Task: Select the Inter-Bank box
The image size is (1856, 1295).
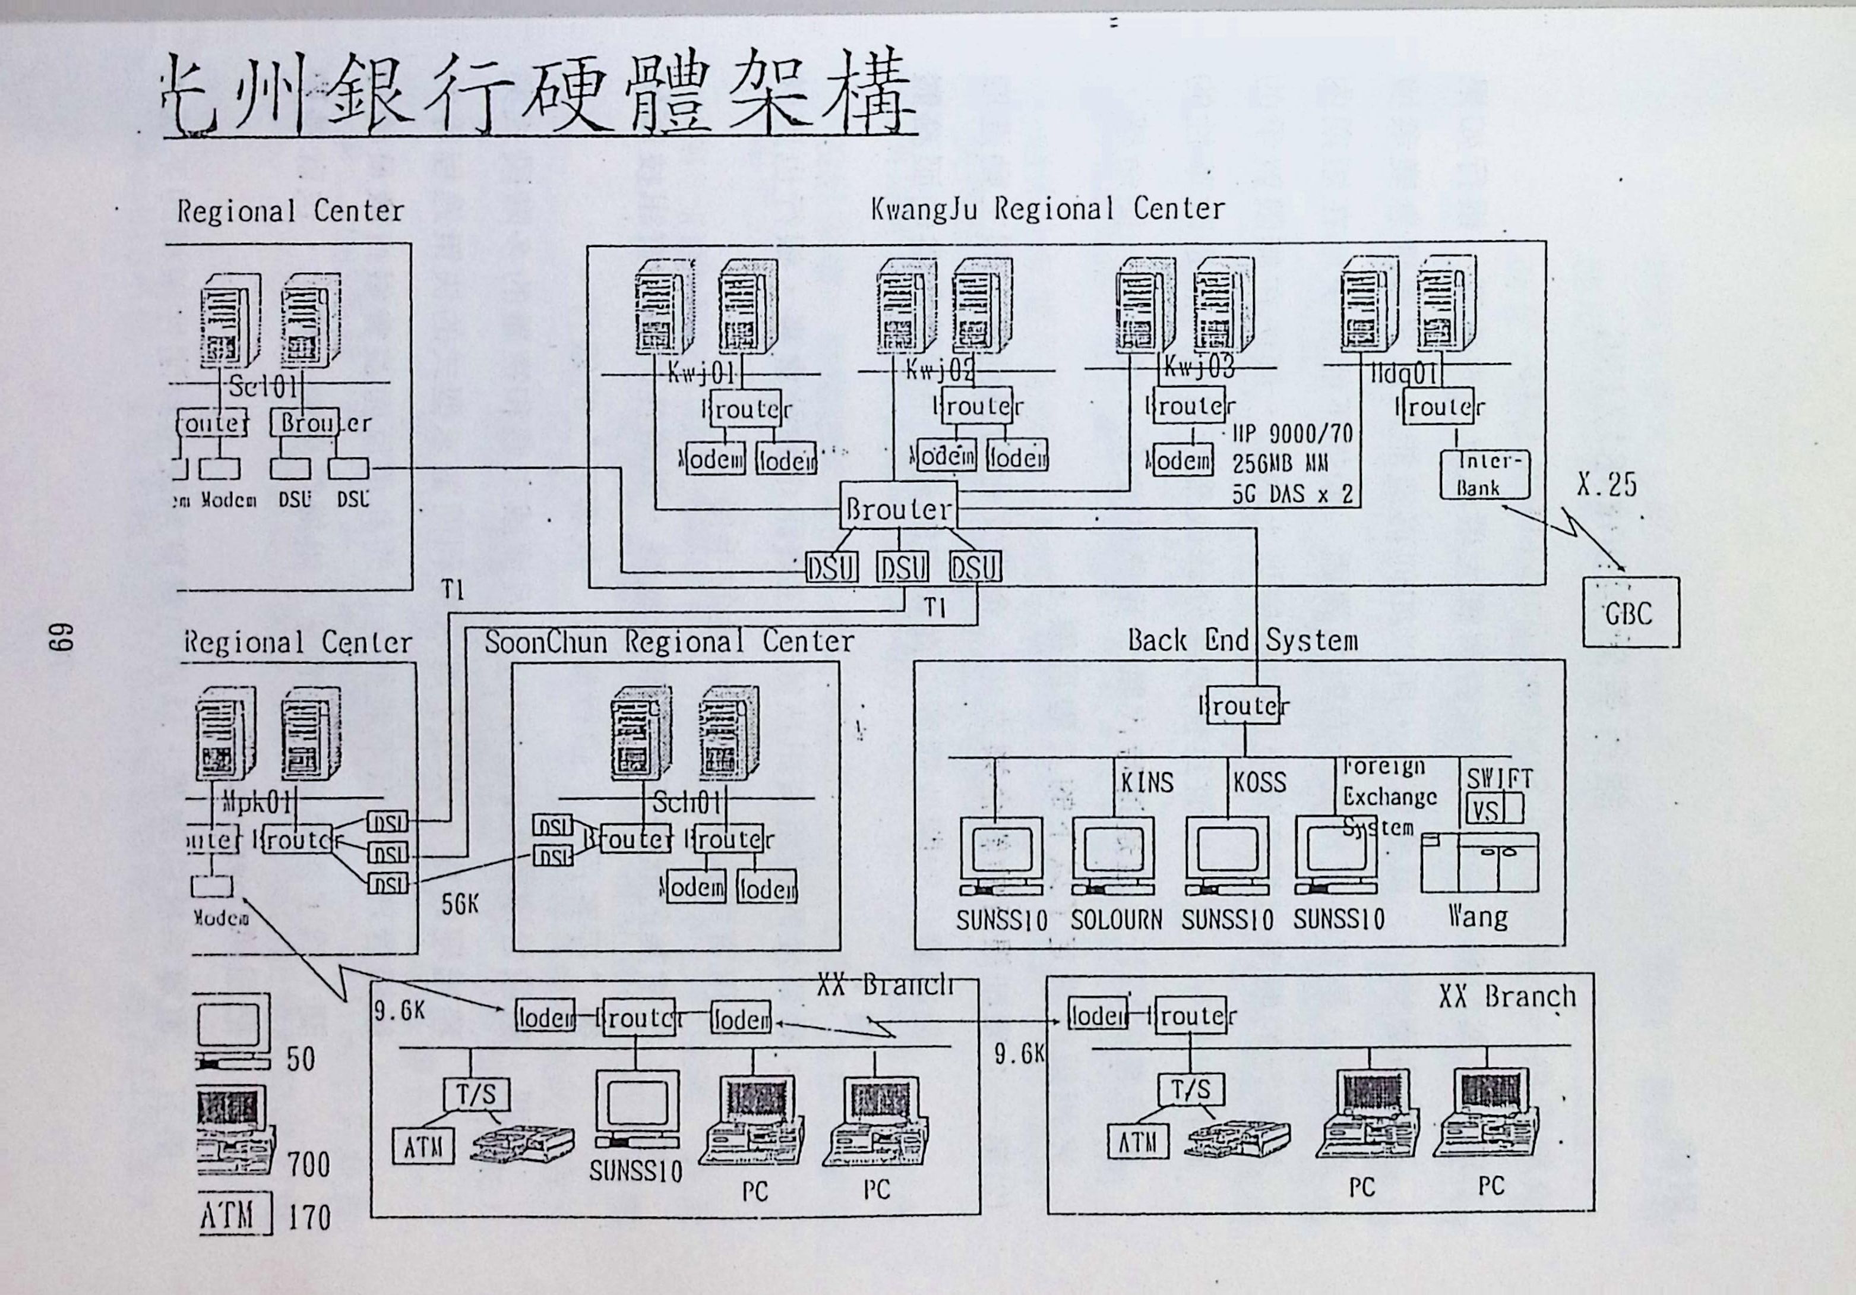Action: tap(1485, 475)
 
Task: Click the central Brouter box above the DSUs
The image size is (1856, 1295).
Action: tap(898, 508)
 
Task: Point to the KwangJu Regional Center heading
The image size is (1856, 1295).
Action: tap(1047, 209)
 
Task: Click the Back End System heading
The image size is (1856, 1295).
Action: tap(1242, 640)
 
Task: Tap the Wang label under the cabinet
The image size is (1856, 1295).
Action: tap(1478, 917)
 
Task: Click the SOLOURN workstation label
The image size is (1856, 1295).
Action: tap(1117, 920)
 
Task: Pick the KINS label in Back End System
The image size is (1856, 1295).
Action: tap(1146, 782)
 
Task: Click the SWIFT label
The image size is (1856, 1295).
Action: tap(1500, 778)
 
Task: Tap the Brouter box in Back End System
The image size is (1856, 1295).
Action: tap(1243, 706)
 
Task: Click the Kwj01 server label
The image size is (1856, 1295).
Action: tap(700, 374)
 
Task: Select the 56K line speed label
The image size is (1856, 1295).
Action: tap(460, 905)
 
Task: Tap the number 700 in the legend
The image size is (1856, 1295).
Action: tap(309, 1165)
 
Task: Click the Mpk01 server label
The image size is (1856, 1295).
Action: tap(256, 802)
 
